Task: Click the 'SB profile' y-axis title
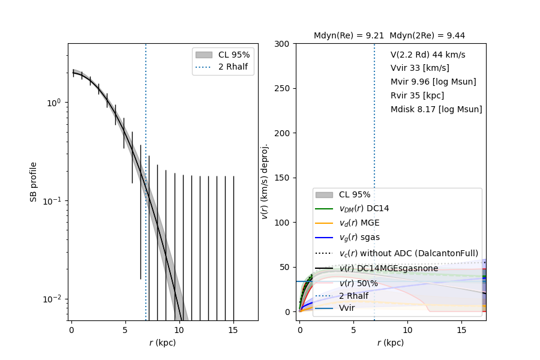[x=34, y=182]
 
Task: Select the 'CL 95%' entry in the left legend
[x=234, y=54]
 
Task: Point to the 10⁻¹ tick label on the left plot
[x=53, y=201]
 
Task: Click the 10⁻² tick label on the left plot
[x=53, y=299]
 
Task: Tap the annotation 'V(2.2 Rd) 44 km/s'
[x=427, y=55]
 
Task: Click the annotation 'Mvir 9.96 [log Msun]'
[x=433, y=82]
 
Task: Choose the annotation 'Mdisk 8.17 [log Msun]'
[x=436, y=109]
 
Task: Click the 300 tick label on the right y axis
[x=283, y=44]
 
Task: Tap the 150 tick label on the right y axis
[x=283, y=178]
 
